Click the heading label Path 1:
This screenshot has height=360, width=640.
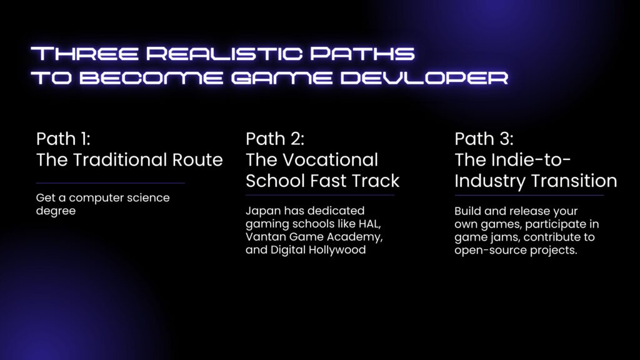click(x=63, y=138)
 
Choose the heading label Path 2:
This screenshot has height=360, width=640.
click(x=275, y=138)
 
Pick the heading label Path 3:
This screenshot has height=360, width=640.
click(x=484, y=138)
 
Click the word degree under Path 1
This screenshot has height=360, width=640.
click(x=56, y=211)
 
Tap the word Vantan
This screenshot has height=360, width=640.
click(x=264, y=238)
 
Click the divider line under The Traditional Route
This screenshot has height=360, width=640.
click(x=111, y=183)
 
